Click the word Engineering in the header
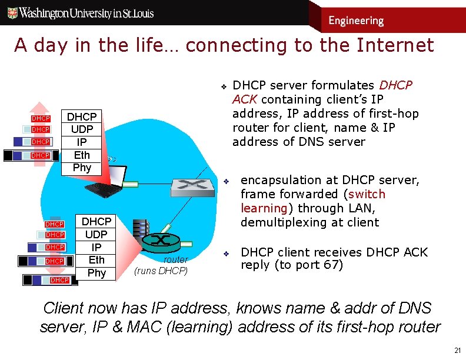click(x=355, y=21)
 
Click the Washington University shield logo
click(x=11, y=12)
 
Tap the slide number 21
click(x=457, y=349)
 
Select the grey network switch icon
click(x=192, y=187)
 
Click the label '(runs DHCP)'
click(x=161, y=271)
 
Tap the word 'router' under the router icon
click(x=175, y=259)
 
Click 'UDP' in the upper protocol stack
click(x=82, y=129)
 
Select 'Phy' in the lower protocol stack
click(x=96, y=272)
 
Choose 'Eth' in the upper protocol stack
click(x=82, y=155)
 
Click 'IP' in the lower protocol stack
click(x=96, y=247)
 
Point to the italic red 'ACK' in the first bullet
click(x=244, y=99)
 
